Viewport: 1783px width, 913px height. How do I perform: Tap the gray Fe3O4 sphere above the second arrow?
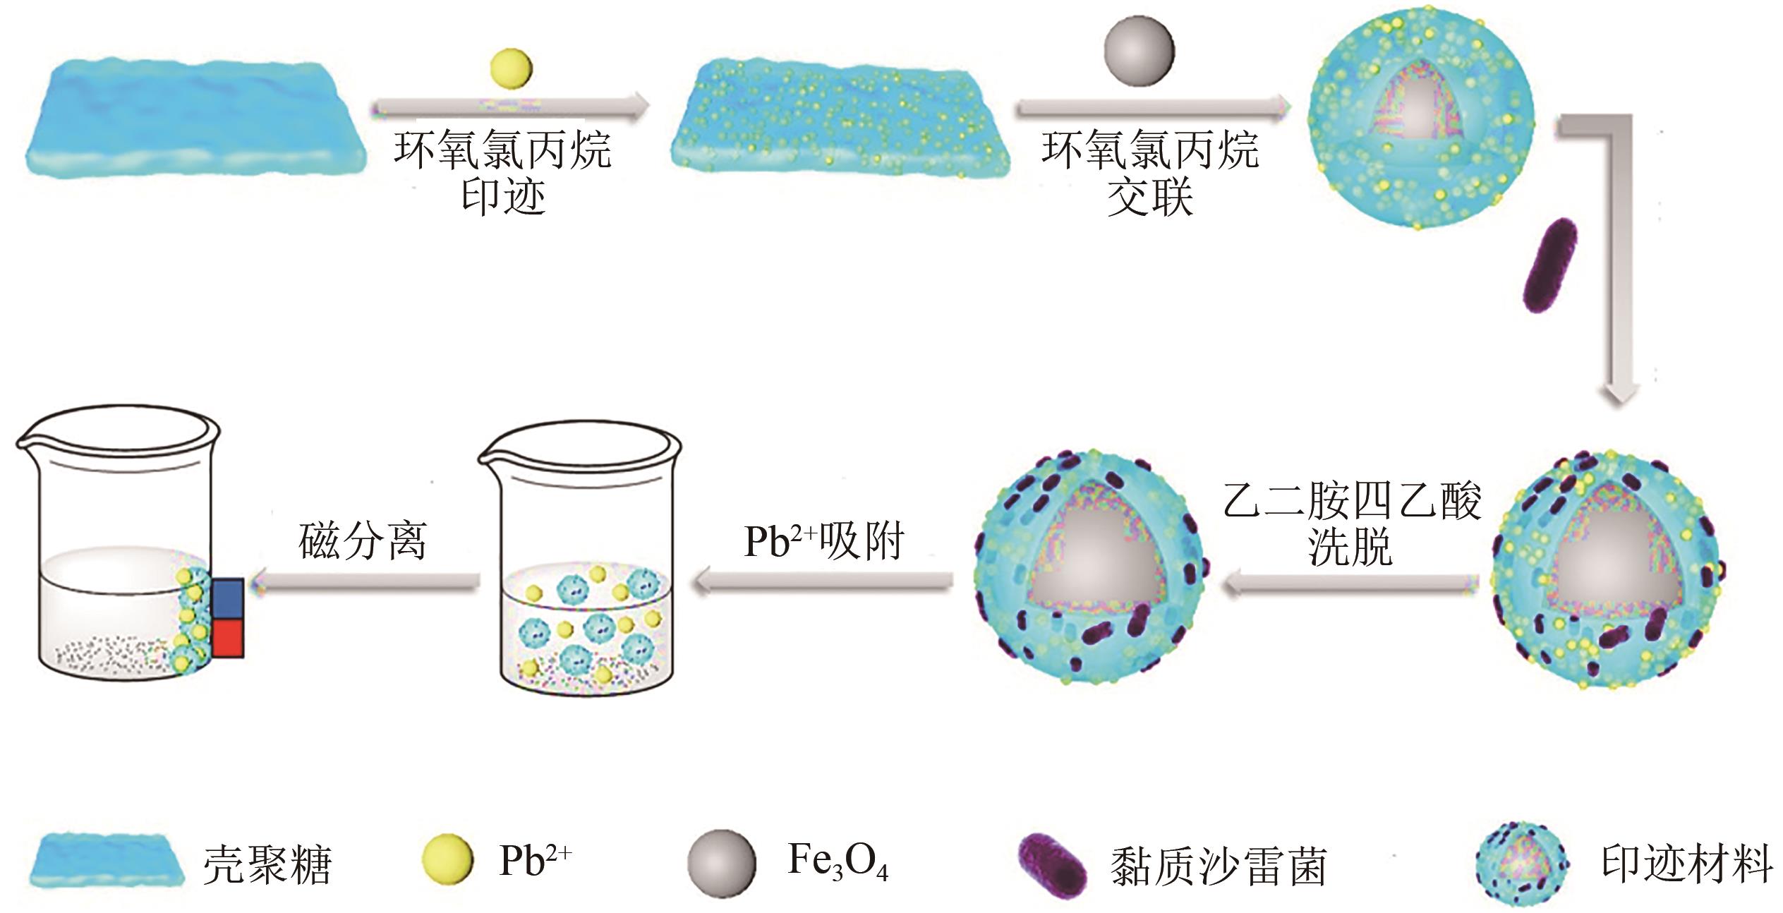[1139, 52]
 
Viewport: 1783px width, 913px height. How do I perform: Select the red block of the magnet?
[227, 639]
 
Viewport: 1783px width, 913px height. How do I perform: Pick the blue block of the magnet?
[227, 599]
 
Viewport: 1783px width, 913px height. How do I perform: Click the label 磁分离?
[362, 541]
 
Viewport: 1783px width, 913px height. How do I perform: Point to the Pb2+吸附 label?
[823, 541]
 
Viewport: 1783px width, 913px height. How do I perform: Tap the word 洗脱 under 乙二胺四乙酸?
[1350, 547]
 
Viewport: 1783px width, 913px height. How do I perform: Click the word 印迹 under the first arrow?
[503, 195]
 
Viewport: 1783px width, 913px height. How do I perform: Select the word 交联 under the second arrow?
[1150, 195]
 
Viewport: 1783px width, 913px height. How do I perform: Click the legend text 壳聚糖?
[267, 864]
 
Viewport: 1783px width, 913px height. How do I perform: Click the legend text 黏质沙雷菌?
[1218, 865]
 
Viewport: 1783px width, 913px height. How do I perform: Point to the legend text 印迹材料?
[1687, 862]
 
